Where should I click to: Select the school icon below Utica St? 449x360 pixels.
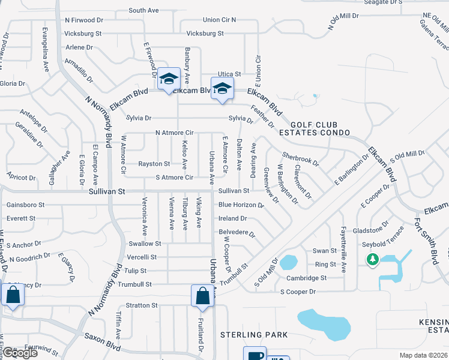coord(222,88)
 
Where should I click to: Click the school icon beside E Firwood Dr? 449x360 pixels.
coord(169,78)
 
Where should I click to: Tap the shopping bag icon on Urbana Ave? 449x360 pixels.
coord(203,295)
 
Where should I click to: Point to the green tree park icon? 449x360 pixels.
coord(372,259)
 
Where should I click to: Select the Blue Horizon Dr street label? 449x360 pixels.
coord(241,205)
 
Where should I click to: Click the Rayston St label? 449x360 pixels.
coord(154,164)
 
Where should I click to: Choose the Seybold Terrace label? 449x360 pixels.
coord(383,244)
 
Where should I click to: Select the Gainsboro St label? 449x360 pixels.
coord(25,205)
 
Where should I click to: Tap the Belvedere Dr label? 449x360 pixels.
coord(237,232)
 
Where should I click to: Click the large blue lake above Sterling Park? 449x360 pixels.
coord(324,325)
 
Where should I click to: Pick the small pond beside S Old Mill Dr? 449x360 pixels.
coord(289,262)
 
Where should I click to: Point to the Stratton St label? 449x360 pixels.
coord(142,305)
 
